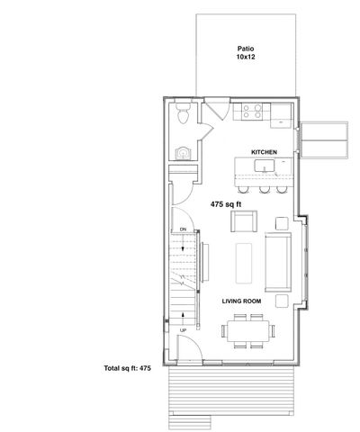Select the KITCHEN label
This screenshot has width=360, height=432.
coord(263,152)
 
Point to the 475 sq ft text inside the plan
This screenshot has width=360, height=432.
coord(228,204)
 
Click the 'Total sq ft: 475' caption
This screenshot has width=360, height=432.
coord(131,369)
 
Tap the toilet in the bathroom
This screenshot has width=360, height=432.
coord(183,115)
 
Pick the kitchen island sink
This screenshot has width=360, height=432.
coord(265,165)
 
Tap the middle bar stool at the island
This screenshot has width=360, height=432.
coord(264,190)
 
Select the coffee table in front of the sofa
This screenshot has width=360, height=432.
coord(244,264)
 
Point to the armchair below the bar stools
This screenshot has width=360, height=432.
coord(247,220)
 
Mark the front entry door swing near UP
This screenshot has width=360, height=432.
coord(187,348)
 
